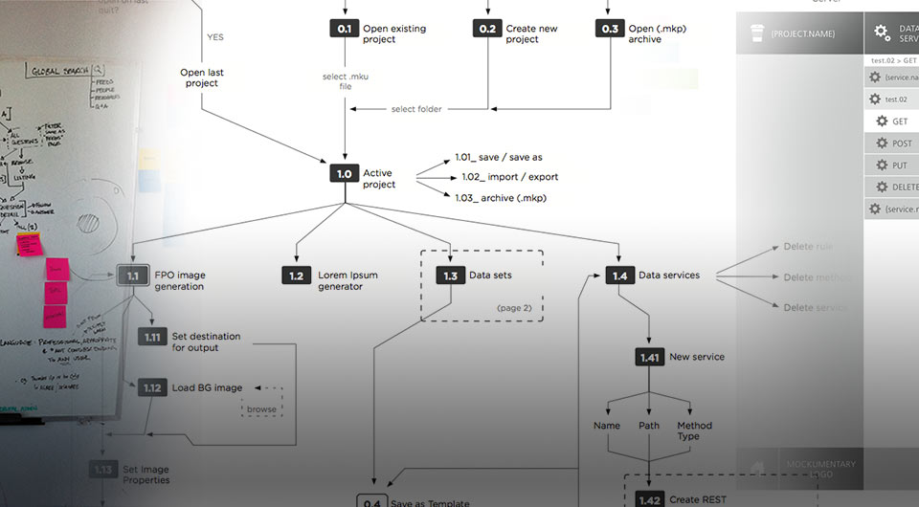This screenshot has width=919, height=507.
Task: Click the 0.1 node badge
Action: coord(344,29)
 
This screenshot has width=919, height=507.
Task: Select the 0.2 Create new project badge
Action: coord(487,29)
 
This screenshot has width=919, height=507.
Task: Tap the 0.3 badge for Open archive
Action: coord(610,29)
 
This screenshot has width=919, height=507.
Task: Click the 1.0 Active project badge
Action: coord(344,173)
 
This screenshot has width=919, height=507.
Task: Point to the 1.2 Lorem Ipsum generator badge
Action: coord(297,276)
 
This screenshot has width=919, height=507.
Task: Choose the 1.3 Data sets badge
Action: coord(450,276)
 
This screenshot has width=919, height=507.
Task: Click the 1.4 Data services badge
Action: coord(619,276)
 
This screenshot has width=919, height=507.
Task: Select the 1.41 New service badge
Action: coord(649,357)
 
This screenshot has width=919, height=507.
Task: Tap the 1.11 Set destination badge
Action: coord(152,337)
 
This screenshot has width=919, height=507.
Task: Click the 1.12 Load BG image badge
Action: coord(152,387)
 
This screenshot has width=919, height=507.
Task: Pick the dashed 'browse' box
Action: coord(261,409)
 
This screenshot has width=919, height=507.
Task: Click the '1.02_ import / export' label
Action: coord(509,177)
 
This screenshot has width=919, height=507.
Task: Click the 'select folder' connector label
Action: coord(416,109)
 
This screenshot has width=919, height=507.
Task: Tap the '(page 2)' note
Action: coord(514,308)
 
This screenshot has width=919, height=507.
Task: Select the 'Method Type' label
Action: coord(694,430)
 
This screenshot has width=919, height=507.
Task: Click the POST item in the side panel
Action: coord(901,143)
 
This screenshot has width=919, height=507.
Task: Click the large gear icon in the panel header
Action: coord(882,33)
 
